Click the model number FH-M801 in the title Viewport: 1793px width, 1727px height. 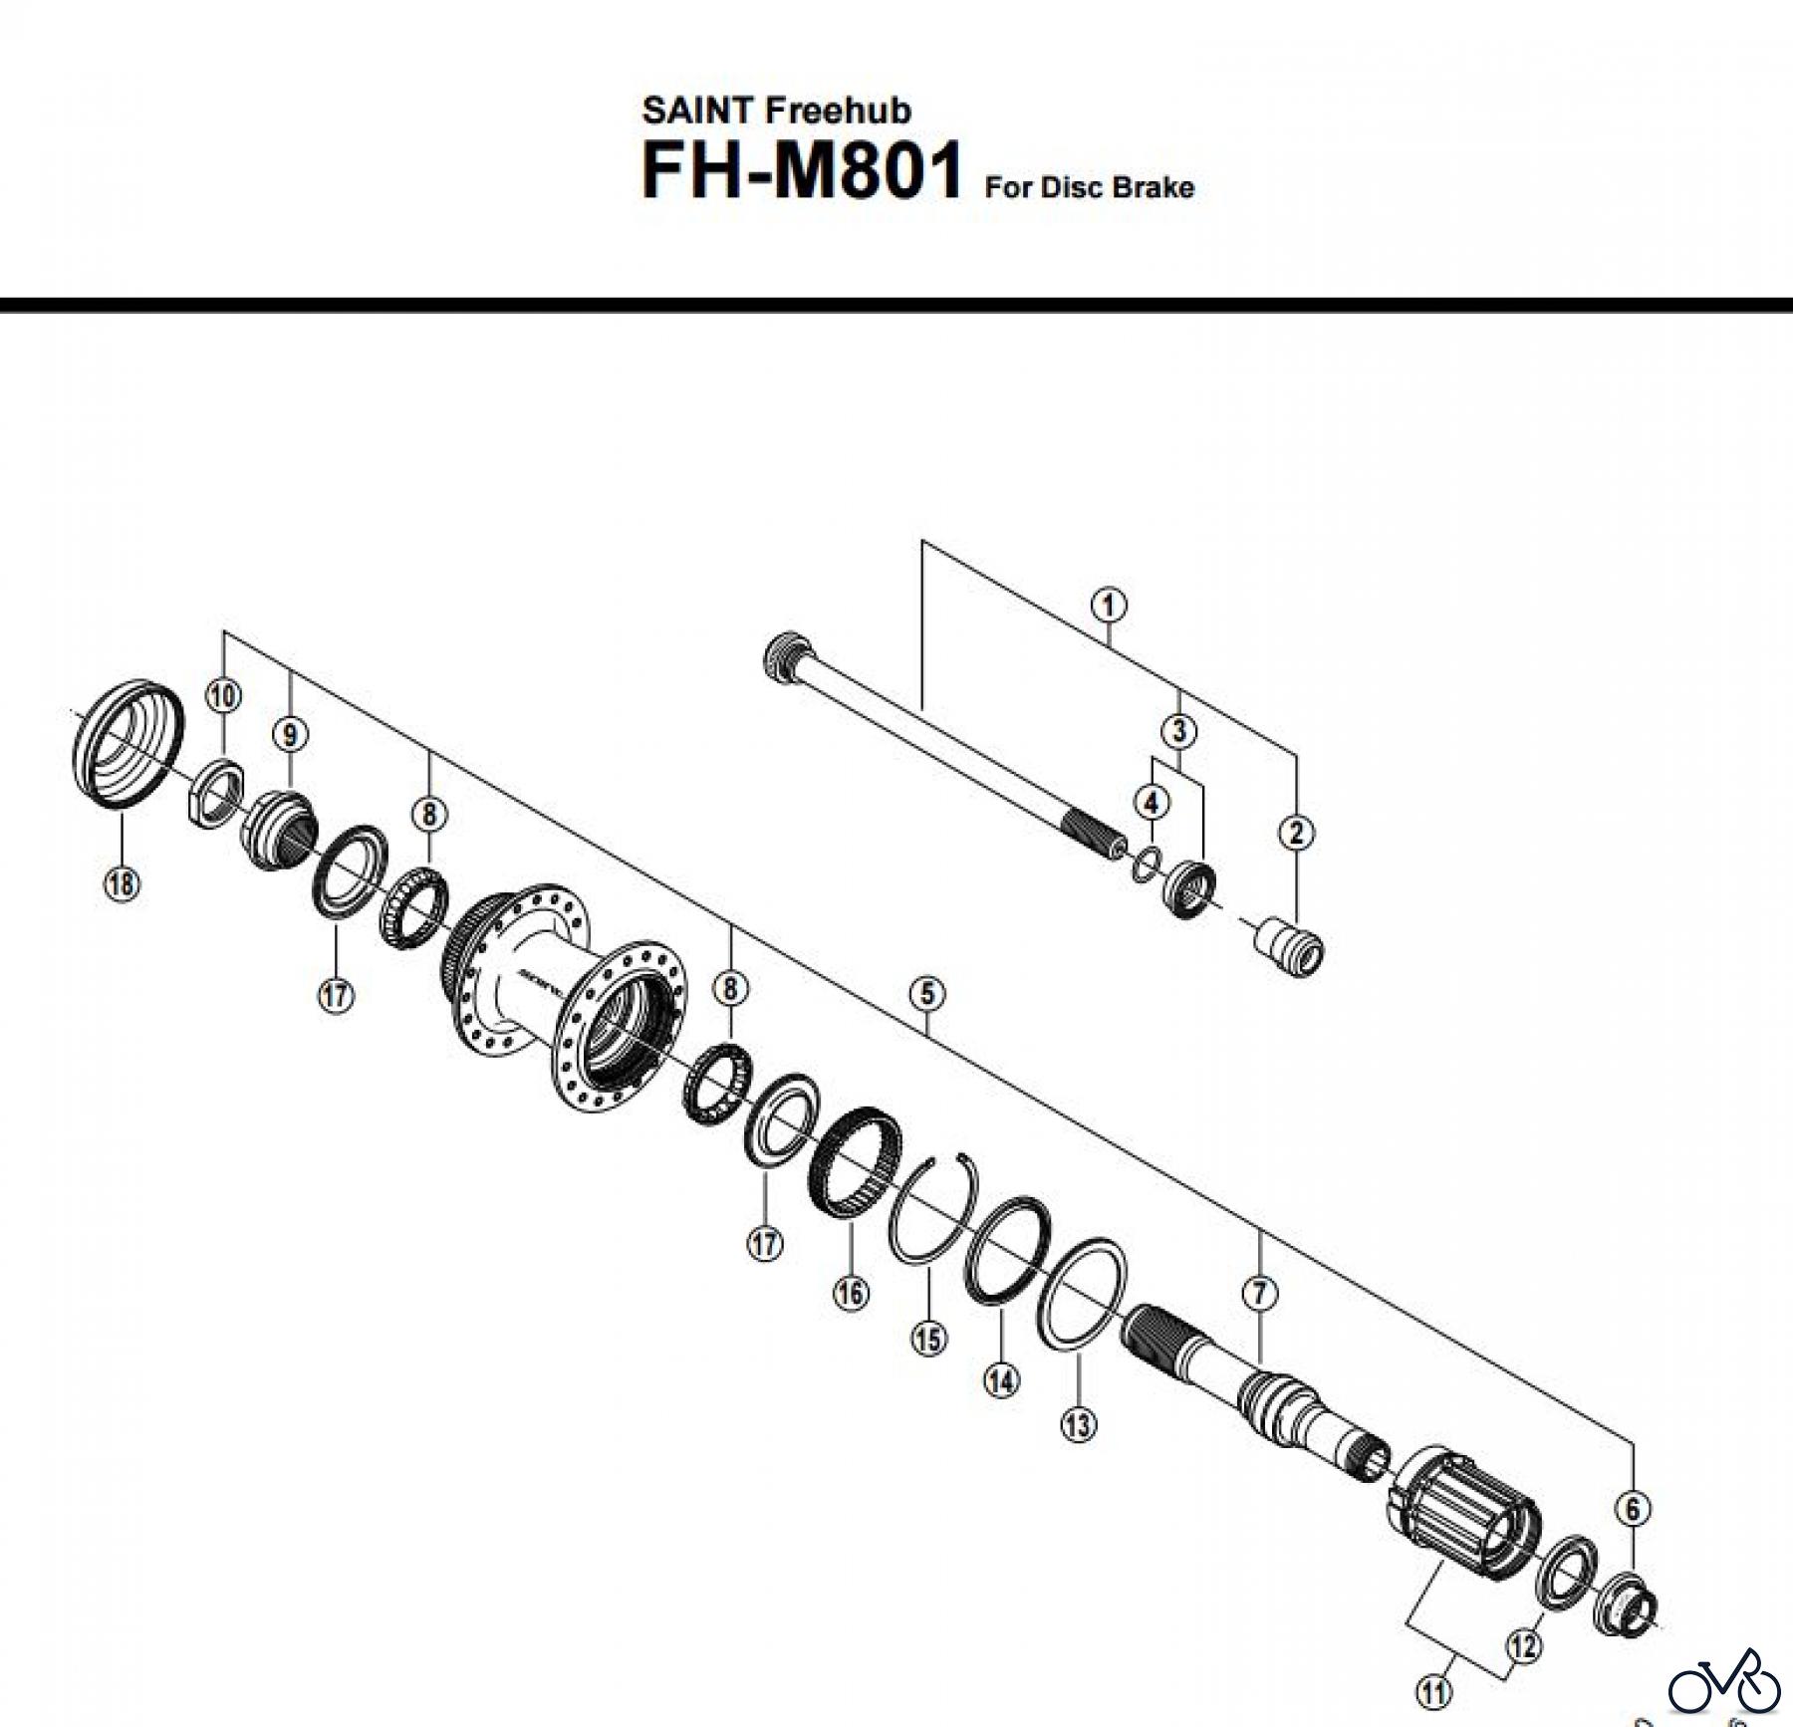point(802,171)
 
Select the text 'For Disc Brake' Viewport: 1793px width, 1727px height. point(1089,187)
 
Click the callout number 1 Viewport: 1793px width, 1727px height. point(1109,605)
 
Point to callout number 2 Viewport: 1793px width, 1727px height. point(1296,833)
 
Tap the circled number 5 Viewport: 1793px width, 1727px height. point(927,993)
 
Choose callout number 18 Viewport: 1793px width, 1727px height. point(121,883)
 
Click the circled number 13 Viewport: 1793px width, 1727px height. point(1078,1425)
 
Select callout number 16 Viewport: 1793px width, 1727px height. point(851,1294)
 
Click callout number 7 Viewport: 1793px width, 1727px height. point(1260,1294)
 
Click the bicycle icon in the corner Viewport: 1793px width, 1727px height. point(1724,1682)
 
